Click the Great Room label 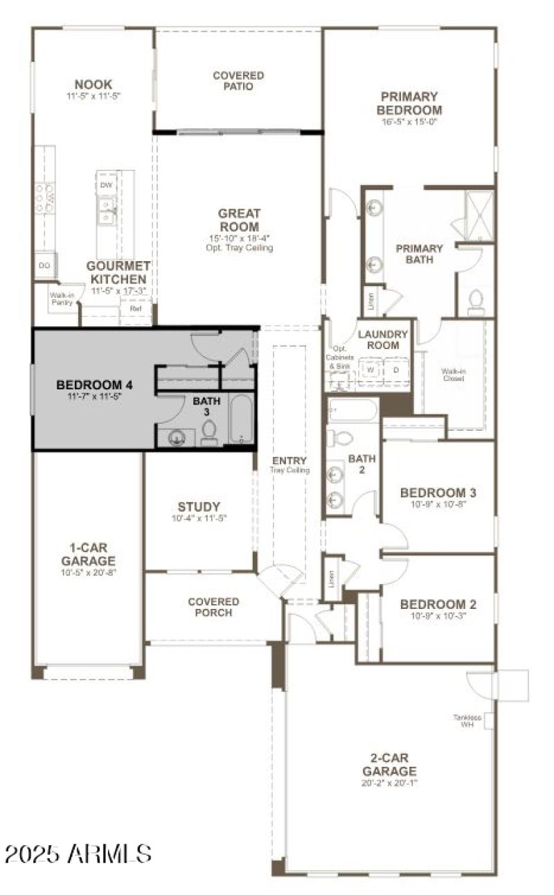tap(239, 220)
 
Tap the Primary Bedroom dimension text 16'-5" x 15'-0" tap(409, 122)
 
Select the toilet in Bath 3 tap(209, 432)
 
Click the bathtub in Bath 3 tap(242, 420)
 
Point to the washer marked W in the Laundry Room tap(370, 370)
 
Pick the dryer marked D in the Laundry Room tap(396, 370)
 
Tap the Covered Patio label tap(238, 81)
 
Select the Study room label tap(199, 506)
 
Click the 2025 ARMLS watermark tap(78, 853)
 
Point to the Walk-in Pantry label tap(61, 298)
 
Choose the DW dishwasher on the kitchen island tap(106, 185)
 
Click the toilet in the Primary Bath tap(476, 303)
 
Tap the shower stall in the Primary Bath tap(479, 215)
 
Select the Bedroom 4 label tap(94, 385)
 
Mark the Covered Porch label tap(213, 608)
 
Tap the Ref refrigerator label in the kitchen tap(136, 308)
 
